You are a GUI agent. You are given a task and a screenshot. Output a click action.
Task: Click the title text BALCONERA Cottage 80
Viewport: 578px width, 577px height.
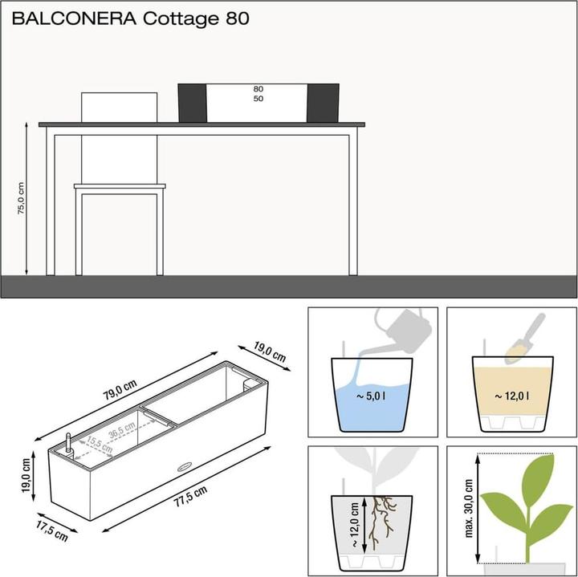pos(126,18)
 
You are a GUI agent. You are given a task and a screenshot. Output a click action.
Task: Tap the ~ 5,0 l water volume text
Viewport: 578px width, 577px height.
pos(372,395)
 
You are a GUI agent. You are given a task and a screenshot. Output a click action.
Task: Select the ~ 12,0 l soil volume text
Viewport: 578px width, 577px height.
pos(511,395)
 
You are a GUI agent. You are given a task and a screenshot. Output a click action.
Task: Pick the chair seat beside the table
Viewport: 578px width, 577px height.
pos(120,186)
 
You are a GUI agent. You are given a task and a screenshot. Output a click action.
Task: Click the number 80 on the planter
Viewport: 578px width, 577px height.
pos(258,89)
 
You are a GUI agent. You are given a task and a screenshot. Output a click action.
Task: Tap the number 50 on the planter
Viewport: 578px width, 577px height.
pos(258,99)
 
